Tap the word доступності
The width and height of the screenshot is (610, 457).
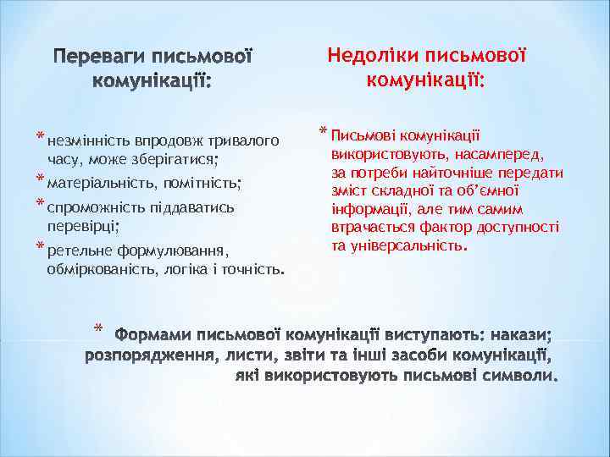click(518, 228)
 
